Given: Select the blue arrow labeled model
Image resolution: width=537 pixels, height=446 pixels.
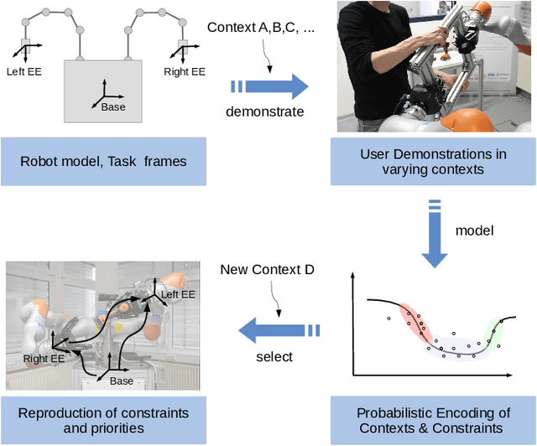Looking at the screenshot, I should [x=435, y=236].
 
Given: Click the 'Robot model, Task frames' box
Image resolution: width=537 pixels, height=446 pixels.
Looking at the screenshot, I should [x=102, y=162].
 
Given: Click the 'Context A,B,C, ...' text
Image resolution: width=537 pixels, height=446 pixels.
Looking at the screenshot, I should [x=261, y=28].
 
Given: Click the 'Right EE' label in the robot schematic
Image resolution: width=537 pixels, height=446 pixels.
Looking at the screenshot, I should [x=185, y=71].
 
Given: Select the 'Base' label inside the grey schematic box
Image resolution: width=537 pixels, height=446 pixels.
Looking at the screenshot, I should [x=112, y=106].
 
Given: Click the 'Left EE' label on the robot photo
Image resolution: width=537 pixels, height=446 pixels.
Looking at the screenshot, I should [x=177, y=294].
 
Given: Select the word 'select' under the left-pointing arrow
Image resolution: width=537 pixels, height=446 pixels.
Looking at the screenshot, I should [x=274, y=356].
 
